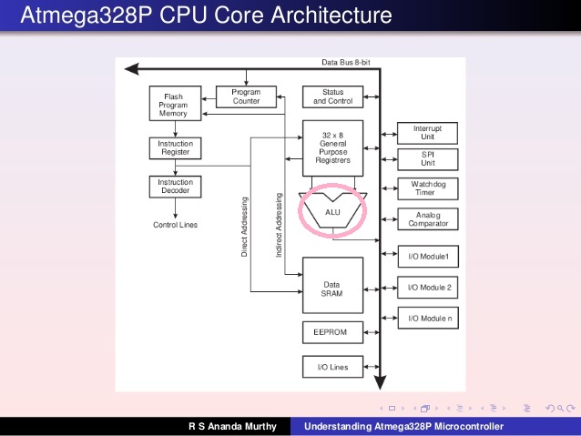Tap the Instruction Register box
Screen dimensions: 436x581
[x=175, y=148]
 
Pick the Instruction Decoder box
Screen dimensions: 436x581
[x=175, y=188]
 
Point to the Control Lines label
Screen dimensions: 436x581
[x=175, y=224]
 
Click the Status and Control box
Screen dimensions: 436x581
[x=332, y=96]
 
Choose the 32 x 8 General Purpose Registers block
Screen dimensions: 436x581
[x=332, y=147]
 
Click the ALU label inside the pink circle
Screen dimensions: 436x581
[x=332, y=210]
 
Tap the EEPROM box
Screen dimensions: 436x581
[x=331, y=332]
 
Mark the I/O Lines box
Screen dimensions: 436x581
[x=331, y=367]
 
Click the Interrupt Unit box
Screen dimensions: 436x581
[x=428, y=133]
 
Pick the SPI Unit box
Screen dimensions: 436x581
[x=428, y=160]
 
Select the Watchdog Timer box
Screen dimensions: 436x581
[x=428, y=188]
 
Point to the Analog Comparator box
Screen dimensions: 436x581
[x=428, y=220]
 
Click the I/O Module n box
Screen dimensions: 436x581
[x=428, y=319]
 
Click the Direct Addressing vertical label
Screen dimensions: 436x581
[x=245, y=226]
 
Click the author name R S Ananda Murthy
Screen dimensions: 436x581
[x=231, y=426]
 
